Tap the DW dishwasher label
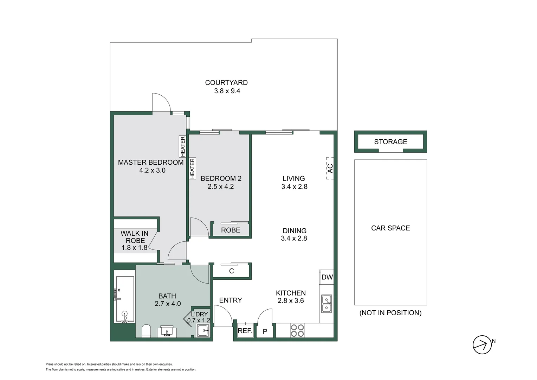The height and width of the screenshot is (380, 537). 327,277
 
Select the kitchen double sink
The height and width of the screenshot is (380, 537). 326,304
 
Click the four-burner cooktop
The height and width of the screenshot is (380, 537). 297,331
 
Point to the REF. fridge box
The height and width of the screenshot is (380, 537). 245,330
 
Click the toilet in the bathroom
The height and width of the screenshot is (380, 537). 146,331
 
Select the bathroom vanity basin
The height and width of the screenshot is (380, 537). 167,331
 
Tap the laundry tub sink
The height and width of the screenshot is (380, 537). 203,330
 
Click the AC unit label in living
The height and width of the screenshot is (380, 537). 330,168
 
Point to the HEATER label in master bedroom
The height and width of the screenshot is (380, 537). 183,146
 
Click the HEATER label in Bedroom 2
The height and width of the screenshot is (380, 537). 192,168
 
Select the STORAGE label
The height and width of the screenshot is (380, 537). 390,142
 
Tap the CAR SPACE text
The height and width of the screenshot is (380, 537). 390,228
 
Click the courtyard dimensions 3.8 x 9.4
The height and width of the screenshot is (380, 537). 227,91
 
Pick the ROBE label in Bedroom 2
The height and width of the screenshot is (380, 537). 231,230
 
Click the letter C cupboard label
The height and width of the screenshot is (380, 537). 232,271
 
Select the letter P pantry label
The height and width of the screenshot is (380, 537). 265,331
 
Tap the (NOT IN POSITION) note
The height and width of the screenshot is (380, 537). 390,313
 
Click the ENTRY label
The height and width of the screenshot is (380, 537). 231,300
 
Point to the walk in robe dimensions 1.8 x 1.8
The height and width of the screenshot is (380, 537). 134,248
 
